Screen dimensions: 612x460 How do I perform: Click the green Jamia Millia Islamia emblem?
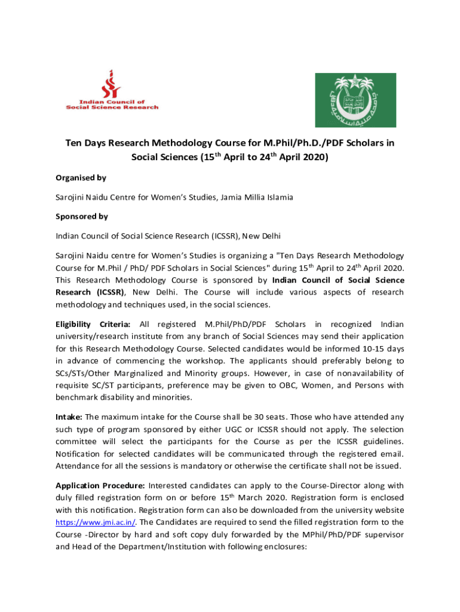[355, 100]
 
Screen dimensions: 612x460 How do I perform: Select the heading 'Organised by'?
[81, 178]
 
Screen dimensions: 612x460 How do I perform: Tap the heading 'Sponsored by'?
[82, 216]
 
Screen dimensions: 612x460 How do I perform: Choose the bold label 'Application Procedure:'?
[100, 485]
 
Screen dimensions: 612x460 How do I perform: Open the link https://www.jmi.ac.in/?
[88, 522]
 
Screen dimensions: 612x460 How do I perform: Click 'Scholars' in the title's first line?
[363, 144]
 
